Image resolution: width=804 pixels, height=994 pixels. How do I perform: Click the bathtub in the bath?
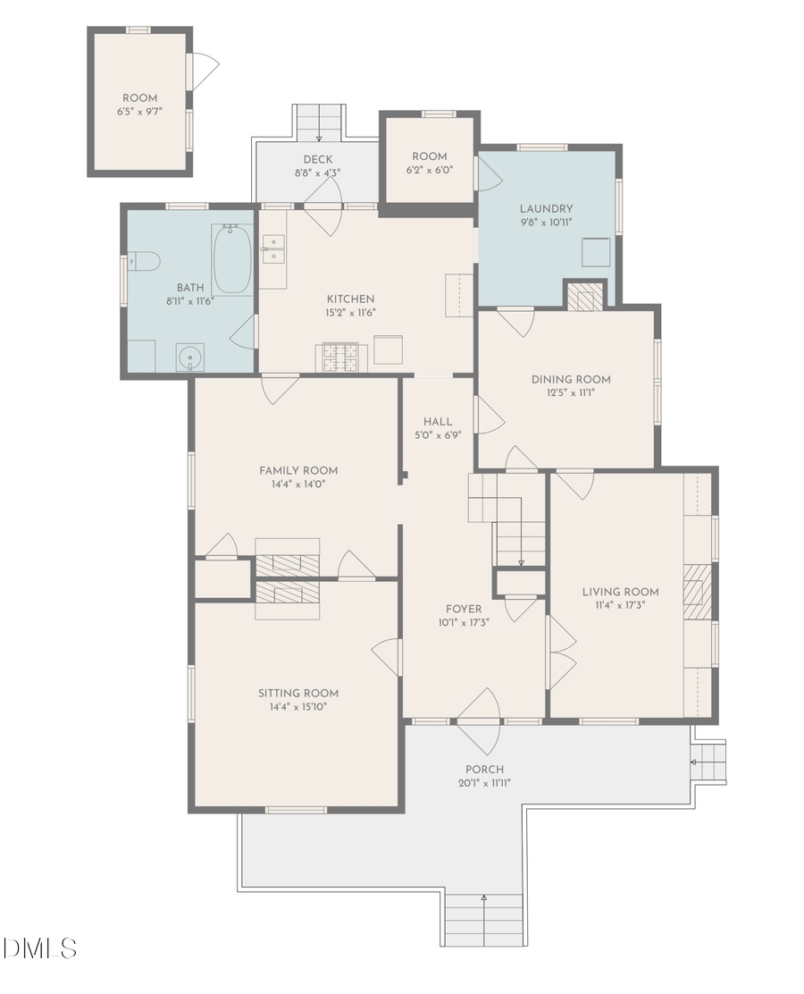point(232,259)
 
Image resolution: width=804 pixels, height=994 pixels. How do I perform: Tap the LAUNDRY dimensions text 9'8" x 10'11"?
point(546,223)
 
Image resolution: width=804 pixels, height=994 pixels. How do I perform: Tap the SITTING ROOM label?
point(298,694)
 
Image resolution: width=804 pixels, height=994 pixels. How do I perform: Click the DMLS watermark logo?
point(40,948)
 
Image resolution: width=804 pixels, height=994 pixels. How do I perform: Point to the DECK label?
point(318,160)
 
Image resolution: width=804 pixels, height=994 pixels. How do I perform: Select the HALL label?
point(438,422)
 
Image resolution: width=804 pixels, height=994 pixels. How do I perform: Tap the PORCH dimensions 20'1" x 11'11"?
point(484,784)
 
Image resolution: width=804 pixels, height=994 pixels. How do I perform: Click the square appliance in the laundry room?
point(597,253)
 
